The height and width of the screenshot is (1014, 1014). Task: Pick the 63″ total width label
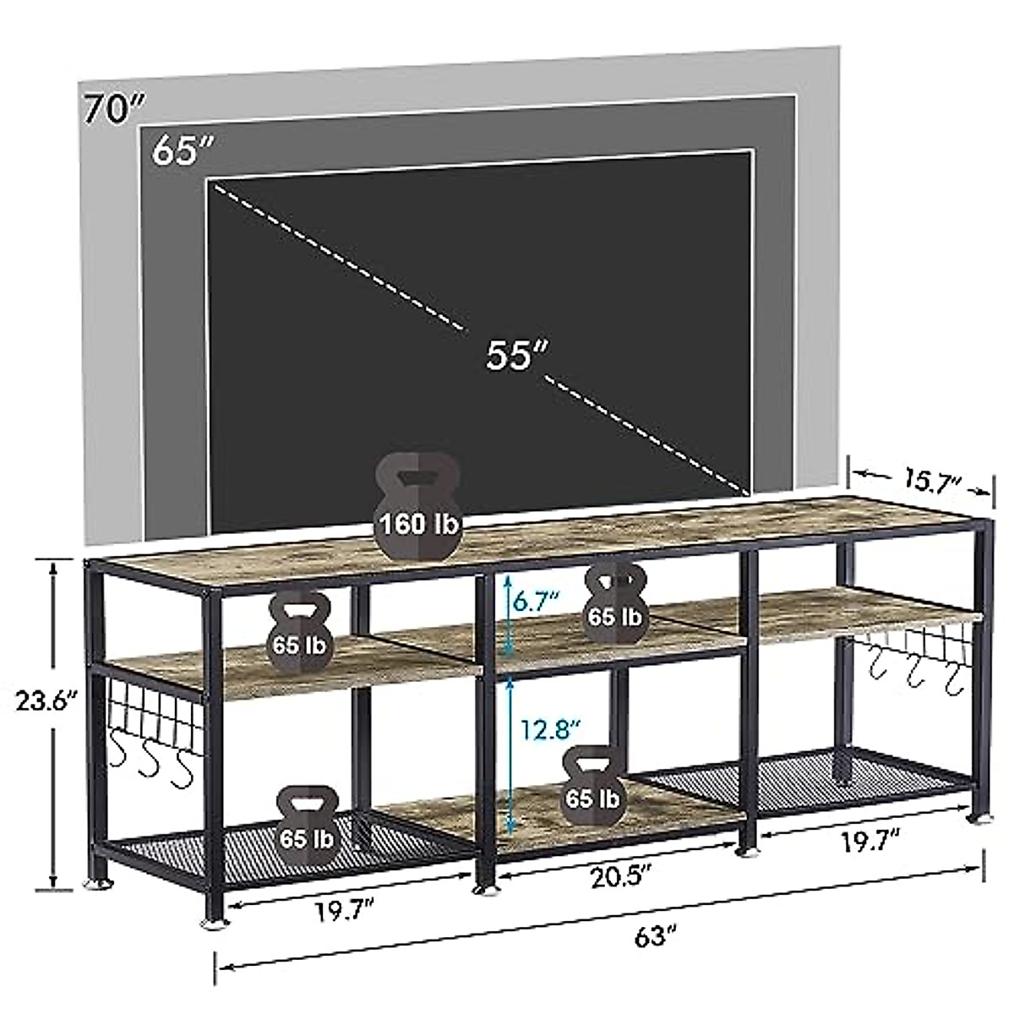[x=657, y=935]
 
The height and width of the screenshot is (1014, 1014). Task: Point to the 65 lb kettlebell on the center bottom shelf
[x=591, y=788]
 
